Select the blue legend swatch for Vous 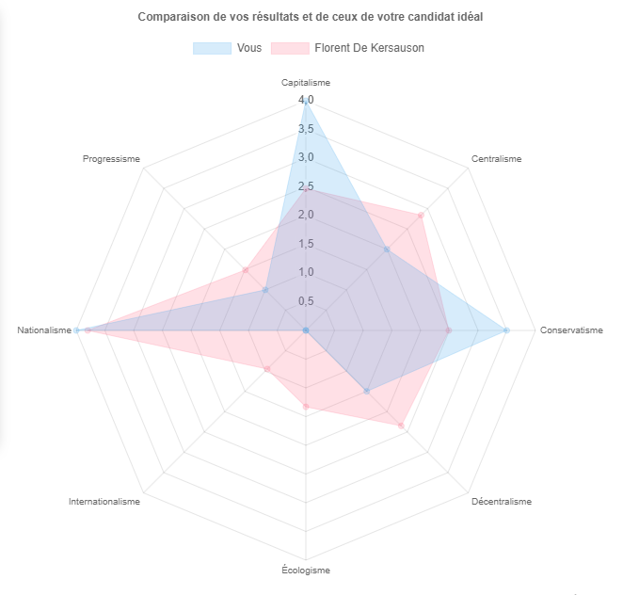[x=212, y=48]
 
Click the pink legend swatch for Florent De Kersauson [x=289, y=48]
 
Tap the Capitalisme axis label [x=306, y=83]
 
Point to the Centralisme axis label [x=496, y=159]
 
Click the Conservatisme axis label [x=571, y=330]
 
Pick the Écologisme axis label [x=306, y=570]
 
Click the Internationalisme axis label [x=104, y=502]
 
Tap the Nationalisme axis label [x=44, y=330]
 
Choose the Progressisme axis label [x=111, y=159]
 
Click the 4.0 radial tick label [x=306, y=100]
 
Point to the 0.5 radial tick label [x=306, y=301]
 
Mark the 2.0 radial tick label [x=306, y=215]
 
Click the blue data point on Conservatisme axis [x=506, y=330]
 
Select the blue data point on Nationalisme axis [x=77, y=330]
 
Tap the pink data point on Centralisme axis [x=421, y=216]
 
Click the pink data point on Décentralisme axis [x=401, y=426]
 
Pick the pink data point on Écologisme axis [x=306, y=406]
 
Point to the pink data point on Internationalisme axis [x=267, y=369]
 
